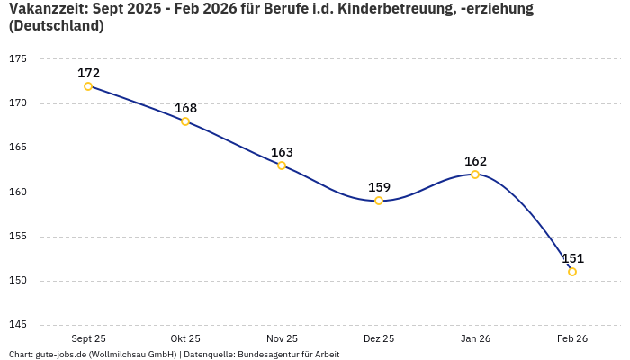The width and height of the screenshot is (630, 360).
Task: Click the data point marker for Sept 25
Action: (88, 86)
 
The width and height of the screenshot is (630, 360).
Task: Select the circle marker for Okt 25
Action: (185, 121)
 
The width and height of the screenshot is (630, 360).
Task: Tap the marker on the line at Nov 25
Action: (282, 166)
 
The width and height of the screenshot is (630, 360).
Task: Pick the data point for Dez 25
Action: (379, 201)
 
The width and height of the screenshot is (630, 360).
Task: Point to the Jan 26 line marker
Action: (475, 175)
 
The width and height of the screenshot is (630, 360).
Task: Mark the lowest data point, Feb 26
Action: (572, 272)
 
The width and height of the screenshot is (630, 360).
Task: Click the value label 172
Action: (88, 73)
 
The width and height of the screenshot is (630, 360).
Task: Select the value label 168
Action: (185, 108)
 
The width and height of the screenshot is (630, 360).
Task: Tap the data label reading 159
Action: (379, 187)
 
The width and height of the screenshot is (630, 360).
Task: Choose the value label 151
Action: (572, 258)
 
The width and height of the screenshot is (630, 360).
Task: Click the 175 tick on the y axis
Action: (18, 59)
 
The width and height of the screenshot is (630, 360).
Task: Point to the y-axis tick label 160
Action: (18, 192)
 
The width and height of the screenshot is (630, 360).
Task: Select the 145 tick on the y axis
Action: (18, 325)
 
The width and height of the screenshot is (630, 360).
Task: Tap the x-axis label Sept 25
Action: (88, 339)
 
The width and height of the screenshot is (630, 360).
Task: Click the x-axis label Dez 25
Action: (379, 339)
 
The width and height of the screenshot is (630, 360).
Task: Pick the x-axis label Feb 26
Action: (572, 339)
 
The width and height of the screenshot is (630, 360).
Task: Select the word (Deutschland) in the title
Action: (56, 26)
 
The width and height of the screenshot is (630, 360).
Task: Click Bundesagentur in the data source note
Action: (266, 355)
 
